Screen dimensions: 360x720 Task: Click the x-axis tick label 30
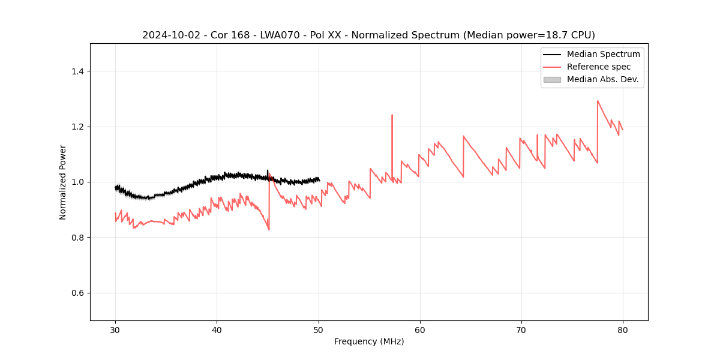click(115, 329)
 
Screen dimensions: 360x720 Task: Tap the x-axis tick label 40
click(217, 329)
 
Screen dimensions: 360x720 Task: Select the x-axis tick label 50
click(319, 329)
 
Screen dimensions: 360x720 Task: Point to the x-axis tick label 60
click(420, 329)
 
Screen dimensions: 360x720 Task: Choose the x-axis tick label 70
click(521, 329)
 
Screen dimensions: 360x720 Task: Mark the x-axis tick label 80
click(623, 329)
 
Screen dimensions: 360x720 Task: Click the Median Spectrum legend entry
click(603, 54)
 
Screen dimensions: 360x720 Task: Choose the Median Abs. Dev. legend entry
click(602, 79)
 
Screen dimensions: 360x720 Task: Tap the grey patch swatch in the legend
click(552, 79)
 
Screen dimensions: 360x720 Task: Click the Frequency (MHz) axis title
click(369, 341)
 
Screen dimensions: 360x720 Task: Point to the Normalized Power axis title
click(63, 182)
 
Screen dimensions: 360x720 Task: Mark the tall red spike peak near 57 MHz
click(392, 115)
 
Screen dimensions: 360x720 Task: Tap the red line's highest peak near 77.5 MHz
click(598, 101)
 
